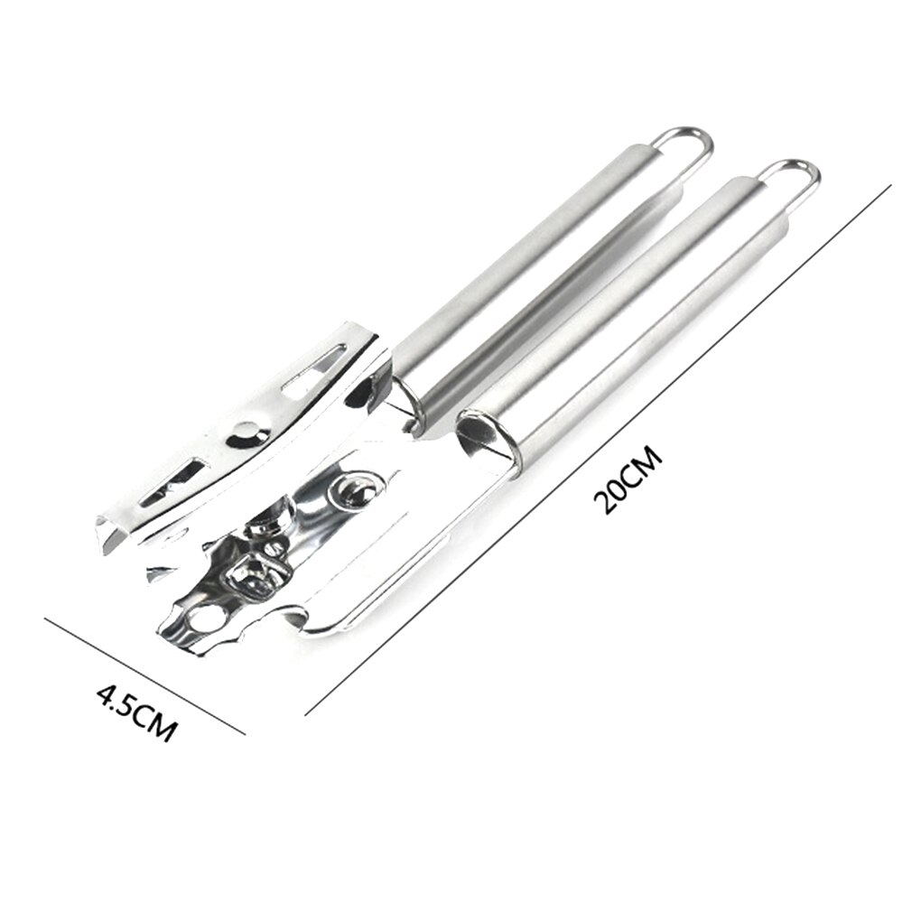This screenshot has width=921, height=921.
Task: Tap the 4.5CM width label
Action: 136,712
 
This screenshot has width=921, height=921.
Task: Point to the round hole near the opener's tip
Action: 207,619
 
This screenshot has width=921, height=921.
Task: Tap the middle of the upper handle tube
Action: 542,271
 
